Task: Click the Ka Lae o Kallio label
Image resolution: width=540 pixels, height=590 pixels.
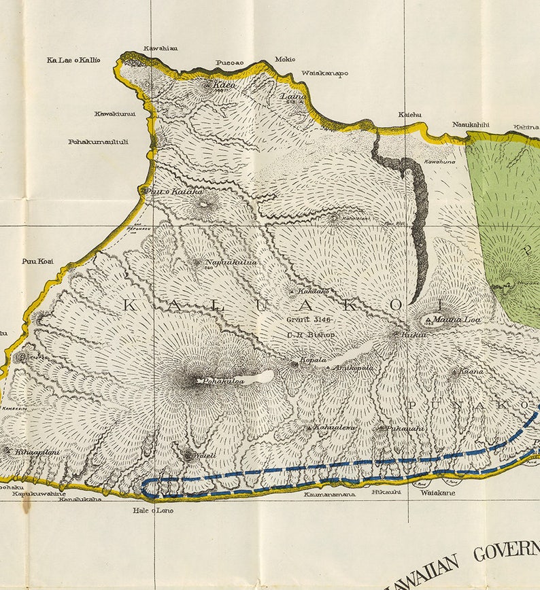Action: point(73,60)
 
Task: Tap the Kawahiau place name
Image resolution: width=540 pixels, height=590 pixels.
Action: point(161,48)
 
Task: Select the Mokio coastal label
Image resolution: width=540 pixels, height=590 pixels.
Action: point(285,59)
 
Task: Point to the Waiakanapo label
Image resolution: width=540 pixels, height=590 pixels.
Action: point(324,73)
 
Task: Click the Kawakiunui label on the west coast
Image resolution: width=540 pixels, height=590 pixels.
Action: point(115,114)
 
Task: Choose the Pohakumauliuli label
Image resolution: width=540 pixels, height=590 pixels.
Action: point(99,142)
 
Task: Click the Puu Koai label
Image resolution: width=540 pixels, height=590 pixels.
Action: point(37,261)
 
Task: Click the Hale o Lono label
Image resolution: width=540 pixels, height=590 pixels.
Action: point(153,510)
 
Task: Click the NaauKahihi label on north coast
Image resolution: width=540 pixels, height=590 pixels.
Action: point(471,124)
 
